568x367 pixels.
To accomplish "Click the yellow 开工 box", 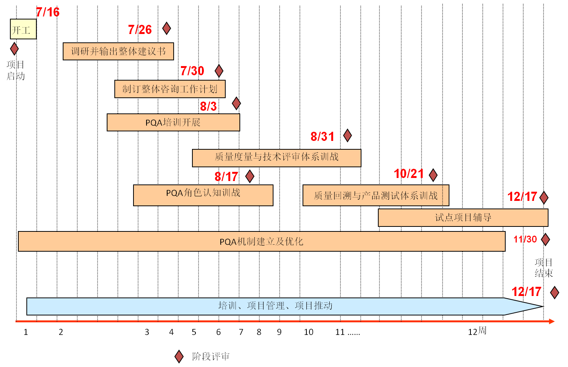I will [23, 29].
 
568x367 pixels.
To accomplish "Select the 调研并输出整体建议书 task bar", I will [118, 51].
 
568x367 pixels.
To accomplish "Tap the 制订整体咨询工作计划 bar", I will [170, 89].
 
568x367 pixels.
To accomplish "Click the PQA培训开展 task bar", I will [173, 122].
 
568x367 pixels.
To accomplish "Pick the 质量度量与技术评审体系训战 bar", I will [277, 158].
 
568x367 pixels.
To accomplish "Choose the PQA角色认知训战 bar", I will [203, 195].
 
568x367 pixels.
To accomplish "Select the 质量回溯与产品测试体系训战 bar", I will [376, 195].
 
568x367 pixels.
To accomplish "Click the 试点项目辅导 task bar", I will [463, 217].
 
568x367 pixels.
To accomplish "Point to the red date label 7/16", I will [48, 12].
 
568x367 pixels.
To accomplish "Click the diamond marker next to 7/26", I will [166, 28].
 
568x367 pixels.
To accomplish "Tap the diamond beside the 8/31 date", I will [347, 135].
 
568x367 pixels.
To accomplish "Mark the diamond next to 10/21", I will [433, 175].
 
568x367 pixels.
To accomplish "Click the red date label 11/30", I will [525, 239].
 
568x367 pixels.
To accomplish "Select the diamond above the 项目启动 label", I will [14, 49].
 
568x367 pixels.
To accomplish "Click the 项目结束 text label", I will [544, 268].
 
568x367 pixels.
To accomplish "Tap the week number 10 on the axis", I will [308, 332].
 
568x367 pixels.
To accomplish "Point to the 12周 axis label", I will [477, 331].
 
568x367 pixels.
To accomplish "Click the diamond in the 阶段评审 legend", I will [179, 356].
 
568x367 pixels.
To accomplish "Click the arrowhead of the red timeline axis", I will [552, 321].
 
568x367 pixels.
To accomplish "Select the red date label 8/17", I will [226, 176].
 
